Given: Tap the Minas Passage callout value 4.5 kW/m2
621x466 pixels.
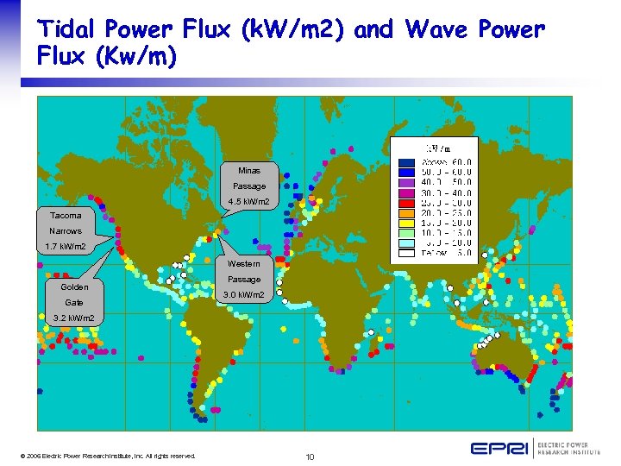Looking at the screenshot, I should tap(248, 202).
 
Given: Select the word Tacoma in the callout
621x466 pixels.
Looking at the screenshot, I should tap(66, 216).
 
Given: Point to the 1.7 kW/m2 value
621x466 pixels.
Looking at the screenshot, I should tap(66, 247).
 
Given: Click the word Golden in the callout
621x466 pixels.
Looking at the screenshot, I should tap(74, 287).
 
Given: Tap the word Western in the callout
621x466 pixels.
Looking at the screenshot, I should tap(244, 263).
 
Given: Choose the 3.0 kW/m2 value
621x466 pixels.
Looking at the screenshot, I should tap(243, 295).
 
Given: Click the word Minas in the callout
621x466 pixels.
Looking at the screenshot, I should tap(249, 171).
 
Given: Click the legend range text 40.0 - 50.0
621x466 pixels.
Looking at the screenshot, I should tap(447, 182).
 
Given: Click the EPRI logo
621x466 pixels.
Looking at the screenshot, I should tap(501, 449).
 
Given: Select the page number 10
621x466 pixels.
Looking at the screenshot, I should tap(310, 456).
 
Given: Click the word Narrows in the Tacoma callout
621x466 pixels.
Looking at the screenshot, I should tap(66, 231).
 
